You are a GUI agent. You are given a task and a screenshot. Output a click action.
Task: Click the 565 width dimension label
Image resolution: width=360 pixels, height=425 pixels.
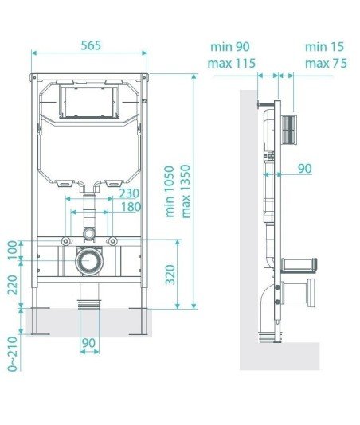click(91, 45)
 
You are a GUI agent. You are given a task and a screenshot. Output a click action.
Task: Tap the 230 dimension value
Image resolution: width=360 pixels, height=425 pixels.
click(129, 193)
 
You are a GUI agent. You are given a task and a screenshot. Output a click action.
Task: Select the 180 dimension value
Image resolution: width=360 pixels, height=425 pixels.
click(131, 207)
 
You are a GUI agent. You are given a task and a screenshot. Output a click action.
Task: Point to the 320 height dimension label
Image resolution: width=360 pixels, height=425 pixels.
click(170, 275)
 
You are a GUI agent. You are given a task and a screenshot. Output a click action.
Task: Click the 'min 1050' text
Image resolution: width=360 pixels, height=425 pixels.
click(170, 192)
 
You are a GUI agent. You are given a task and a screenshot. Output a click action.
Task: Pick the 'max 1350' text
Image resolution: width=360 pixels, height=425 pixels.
click(186, 191)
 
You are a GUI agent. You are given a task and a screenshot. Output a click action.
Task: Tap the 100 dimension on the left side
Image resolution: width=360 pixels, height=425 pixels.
click(13, 251)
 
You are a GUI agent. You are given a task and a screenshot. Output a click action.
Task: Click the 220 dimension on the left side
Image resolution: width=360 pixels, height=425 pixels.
click(13, 285)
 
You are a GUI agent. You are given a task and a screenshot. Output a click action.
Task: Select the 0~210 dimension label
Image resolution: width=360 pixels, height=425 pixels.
click(13, 354)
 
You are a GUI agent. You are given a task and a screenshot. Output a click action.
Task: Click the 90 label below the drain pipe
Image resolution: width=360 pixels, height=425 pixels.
click(88, 343)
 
